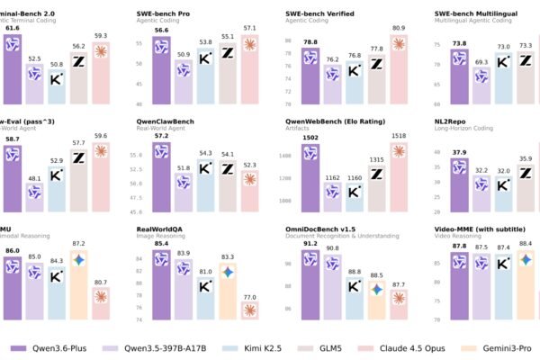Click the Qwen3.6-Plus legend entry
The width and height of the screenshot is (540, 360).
click(x=49, y=346)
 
